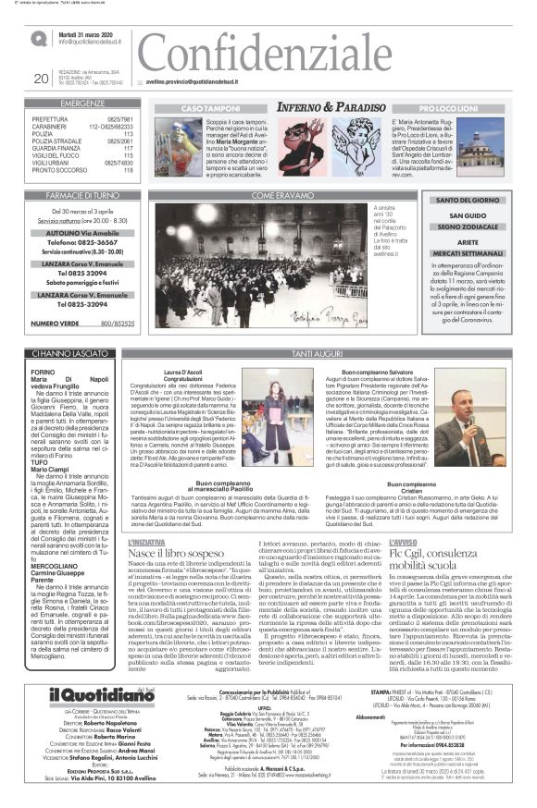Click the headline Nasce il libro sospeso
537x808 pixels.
coord(181,552)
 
